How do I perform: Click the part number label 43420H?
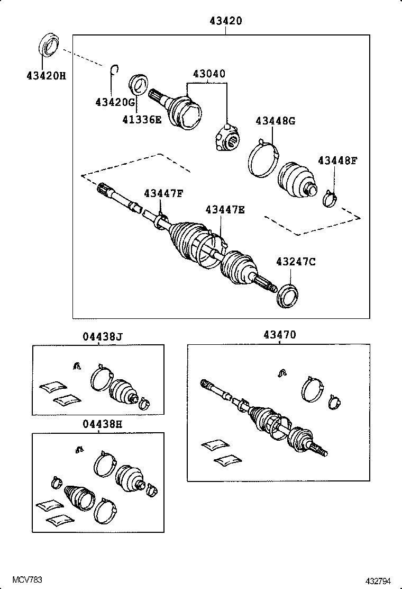coord(46,75)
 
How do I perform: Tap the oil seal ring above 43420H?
coord(49,44)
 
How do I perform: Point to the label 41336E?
coord(142,120)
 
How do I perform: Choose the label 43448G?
coord(275,121)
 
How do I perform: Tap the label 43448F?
coord(337,160)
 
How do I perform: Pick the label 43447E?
coord(225,210)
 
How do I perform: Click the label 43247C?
coord(296,261)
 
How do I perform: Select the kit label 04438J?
coord(102,335)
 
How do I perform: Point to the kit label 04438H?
coord(102,424)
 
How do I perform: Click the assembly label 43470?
coord(279,335)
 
